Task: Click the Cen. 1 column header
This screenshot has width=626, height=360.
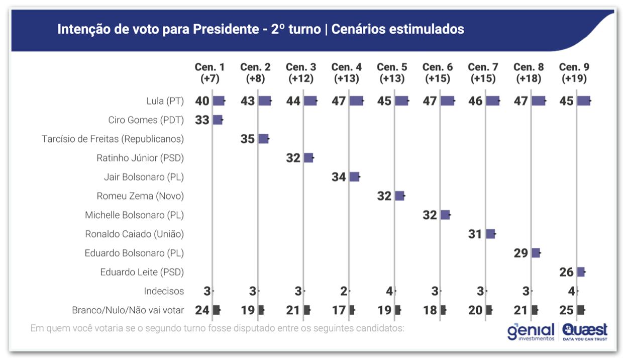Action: coord(210,73)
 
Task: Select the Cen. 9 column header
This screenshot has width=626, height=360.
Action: coord(574,73)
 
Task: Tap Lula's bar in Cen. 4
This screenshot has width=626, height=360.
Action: coord(356,101)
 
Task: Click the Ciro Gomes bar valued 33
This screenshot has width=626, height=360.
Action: coord(218,120)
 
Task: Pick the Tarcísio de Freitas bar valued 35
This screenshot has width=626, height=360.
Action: coord(263,139)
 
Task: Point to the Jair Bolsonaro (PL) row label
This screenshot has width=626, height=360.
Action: coord(144,177)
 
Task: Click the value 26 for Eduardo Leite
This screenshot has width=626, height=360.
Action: coord(566,272)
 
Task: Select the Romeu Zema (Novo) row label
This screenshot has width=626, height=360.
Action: coord(140,196)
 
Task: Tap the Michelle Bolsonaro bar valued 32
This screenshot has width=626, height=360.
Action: coord(445,215)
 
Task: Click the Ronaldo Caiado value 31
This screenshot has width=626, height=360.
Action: coord(475,234)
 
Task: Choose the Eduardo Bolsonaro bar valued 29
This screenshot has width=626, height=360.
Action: coord(536,253)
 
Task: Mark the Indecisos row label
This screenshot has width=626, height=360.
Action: coord(164,291)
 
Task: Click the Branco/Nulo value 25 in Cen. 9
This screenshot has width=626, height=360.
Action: coord(566,310)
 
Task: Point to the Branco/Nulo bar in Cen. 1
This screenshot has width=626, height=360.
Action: coord(216,310)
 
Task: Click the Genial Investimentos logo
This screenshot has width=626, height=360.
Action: coord(531,332)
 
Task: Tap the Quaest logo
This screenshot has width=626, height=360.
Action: coord(585,332)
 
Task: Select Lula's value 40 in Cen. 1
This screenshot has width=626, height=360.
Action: coord(202,101)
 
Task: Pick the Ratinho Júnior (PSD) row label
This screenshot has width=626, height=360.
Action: coord(140,158)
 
